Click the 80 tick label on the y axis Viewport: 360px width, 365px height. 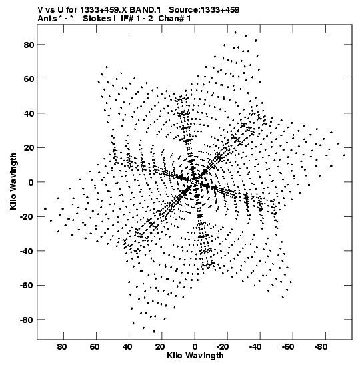(x=29, y=45)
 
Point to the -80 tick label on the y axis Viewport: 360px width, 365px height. (x=27, y=320)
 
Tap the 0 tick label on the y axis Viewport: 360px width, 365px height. (x=31, y=182)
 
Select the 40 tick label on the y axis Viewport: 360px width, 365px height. (x=29, y=113)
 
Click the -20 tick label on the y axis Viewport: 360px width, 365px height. (x=27, y=217)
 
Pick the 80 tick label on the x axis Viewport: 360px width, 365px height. (x=62, y=347)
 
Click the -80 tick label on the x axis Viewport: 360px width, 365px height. (x=321, y=347)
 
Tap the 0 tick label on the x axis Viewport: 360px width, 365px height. (x=195, y=347)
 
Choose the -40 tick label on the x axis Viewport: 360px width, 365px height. (x=255, y=347)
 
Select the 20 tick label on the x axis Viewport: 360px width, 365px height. (x=160, y=347)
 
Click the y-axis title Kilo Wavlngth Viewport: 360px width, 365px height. (x=13, y=181)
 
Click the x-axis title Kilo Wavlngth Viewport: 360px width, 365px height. (x=195, y=356)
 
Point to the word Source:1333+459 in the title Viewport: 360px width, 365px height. (x=204, y=10)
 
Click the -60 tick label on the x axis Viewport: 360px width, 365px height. (x=288, y=347)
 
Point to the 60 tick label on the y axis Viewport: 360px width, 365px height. (x=29, y=79)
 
